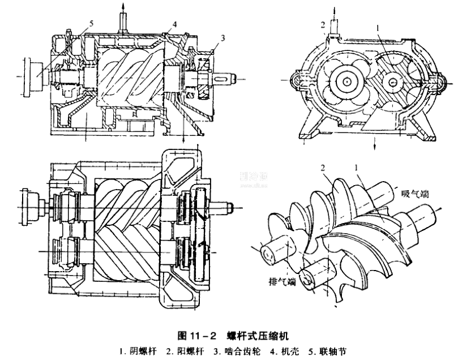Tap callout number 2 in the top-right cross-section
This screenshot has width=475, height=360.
pyautogui.click(x=322, y=25)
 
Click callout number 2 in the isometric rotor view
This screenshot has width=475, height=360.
pyautogui.click(x=323, y=168)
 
